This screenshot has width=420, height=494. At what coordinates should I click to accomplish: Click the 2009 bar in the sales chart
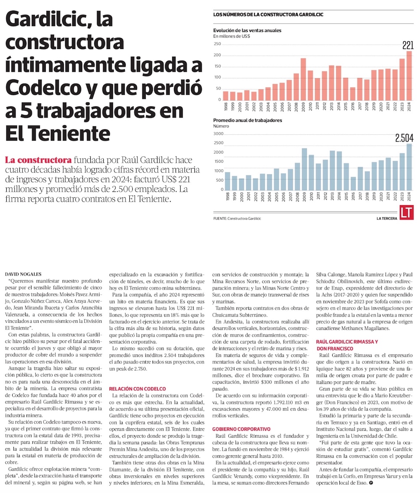(x=303, y=79)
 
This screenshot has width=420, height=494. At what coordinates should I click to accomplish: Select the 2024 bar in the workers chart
(x=409, y=167)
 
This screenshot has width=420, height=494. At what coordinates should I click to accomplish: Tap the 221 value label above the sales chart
(x=407, y=45)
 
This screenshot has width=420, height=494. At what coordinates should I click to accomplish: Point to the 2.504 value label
(x=404, y=138)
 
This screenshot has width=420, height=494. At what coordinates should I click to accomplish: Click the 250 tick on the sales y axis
(x=217, y=44)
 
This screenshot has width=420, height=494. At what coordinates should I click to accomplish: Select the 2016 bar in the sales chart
(x=352, y=94)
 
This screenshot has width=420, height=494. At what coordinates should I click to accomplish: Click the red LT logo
(x=407, y=212)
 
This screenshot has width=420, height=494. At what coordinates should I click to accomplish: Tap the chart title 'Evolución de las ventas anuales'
(x=247, y=30)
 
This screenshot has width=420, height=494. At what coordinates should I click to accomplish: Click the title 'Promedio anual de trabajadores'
(x=247, y=120)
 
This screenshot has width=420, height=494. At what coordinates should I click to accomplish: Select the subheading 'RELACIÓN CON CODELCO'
(x=137, y=389)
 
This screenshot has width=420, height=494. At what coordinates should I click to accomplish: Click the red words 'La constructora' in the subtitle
(x=38, y=160)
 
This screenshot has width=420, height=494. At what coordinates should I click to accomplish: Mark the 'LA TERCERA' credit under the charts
(x=386, y=219)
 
